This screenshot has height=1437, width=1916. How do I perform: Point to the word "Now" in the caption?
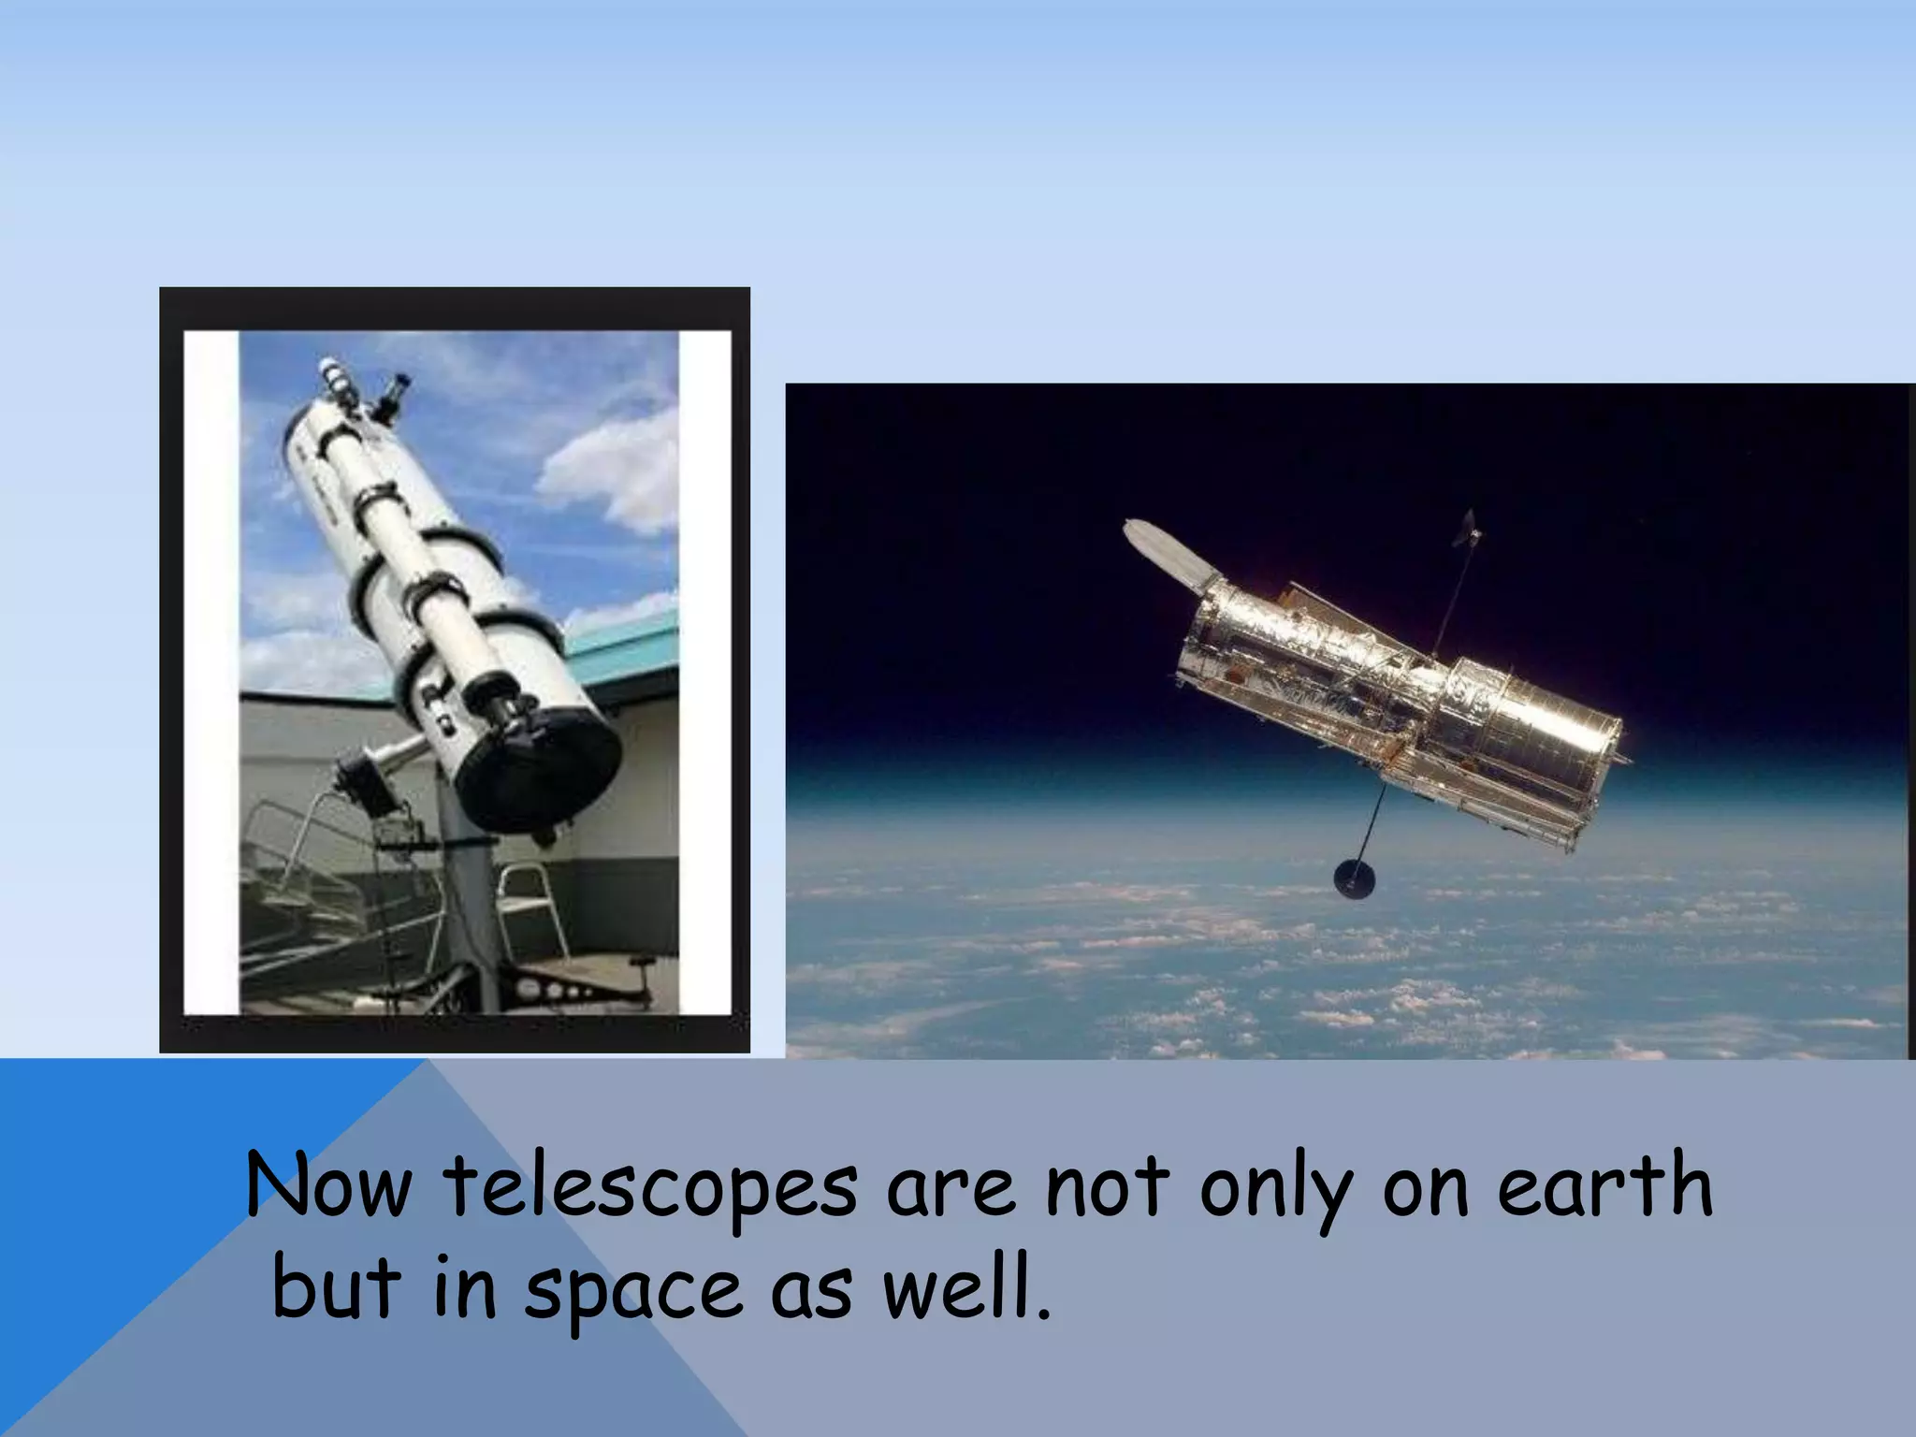(x=327, y=1186)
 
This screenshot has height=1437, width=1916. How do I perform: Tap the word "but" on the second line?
(x=337, y=1288)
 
